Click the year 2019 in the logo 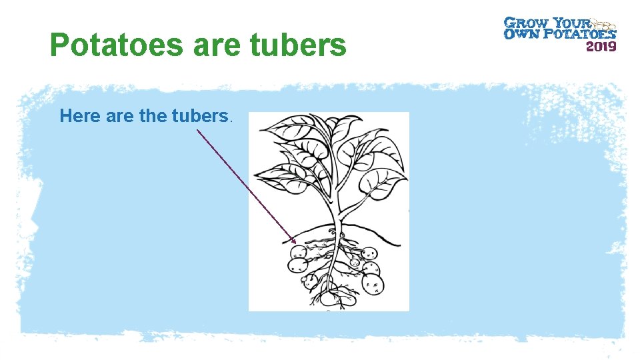pyautogui.click(x=601, y=46)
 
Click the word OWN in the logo pyautogui.click(x=517, y=33)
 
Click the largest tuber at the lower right pyautogui.click(x=373, y=285)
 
